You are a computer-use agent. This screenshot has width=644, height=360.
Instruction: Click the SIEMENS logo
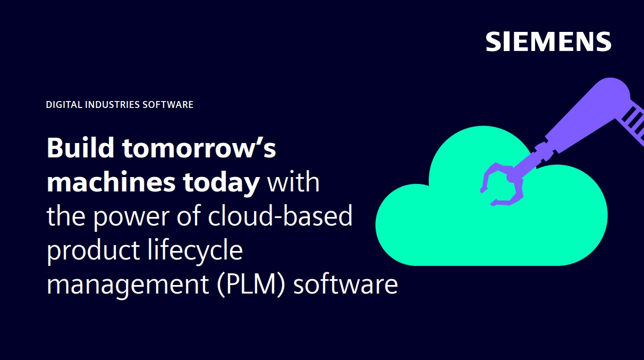[x=548, y=41]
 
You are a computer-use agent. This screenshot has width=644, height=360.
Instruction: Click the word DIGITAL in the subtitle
[x=64, y=104]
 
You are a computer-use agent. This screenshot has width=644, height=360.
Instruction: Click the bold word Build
[x=81, y=148]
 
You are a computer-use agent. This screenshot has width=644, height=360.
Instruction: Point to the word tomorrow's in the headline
[x=199, y=148]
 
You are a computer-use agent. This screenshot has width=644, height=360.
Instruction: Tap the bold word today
[x=222, y=183]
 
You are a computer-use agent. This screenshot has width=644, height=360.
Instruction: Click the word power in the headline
[x=131, y=217]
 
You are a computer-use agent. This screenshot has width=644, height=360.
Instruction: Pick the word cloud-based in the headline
[x=280, y=215]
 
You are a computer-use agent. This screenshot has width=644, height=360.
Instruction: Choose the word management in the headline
[x=128, y=285]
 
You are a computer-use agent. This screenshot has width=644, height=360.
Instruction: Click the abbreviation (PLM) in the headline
[x=251, y=285]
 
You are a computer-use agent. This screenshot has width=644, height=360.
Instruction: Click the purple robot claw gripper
[x=502, y=184]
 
